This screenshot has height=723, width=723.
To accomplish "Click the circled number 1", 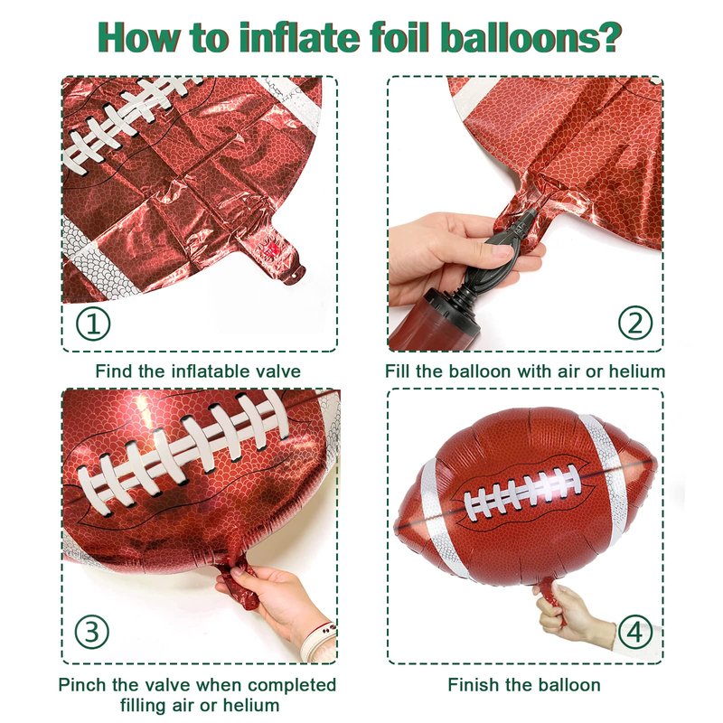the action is pyautogui.click(x=93, y=324).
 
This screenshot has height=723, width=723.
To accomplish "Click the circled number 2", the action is pyautogui.click(x=635, y=323).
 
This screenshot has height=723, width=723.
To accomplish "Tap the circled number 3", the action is pyautogui.click(x=92, y=632).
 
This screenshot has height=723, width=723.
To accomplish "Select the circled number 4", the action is pyautogui.click(x=635, y=632).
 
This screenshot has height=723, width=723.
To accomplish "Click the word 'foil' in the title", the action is pyautogui.click(x=400, y=37).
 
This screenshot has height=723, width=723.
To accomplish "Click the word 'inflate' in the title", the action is pyautogui.click(x=299, y=37).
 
